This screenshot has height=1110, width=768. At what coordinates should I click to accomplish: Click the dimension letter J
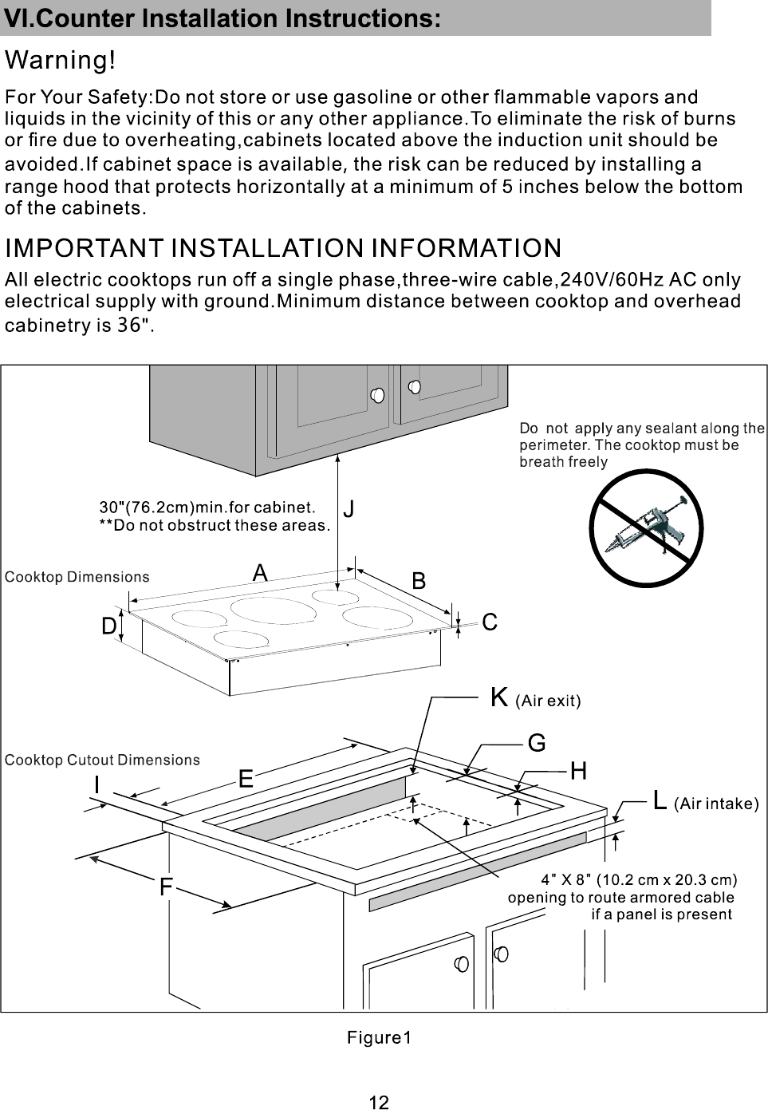(349, 509)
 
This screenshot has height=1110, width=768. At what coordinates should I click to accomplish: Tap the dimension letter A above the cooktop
(260, 573)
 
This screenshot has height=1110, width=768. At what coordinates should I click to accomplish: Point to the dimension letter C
(490, 622)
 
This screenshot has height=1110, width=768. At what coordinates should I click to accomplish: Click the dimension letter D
(109, 627)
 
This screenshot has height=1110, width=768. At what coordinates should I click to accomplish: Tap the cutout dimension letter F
(165, 887)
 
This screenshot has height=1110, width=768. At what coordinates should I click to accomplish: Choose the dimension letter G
(537, 744)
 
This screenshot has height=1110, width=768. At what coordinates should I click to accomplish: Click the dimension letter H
(578, 771)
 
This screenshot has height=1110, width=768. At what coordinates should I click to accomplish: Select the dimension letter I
(96, 785)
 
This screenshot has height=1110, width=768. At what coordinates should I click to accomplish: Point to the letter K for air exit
(499, 697)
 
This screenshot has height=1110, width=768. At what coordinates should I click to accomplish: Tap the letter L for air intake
(660, 800)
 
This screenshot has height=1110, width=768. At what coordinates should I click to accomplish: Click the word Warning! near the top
(65, 60)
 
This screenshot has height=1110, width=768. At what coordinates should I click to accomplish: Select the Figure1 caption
(380, 1037)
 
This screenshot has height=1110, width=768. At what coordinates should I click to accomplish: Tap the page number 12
(380, 1102)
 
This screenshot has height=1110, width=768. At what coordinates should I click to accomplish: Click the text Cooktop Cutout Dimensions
(103, 760)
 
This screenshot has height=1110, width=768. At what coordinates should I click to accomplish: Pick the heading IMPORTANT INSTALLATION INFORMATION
(283, 247)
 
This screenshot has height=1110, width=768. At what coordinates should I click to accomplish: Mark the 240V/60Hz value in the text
(610, 280)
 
